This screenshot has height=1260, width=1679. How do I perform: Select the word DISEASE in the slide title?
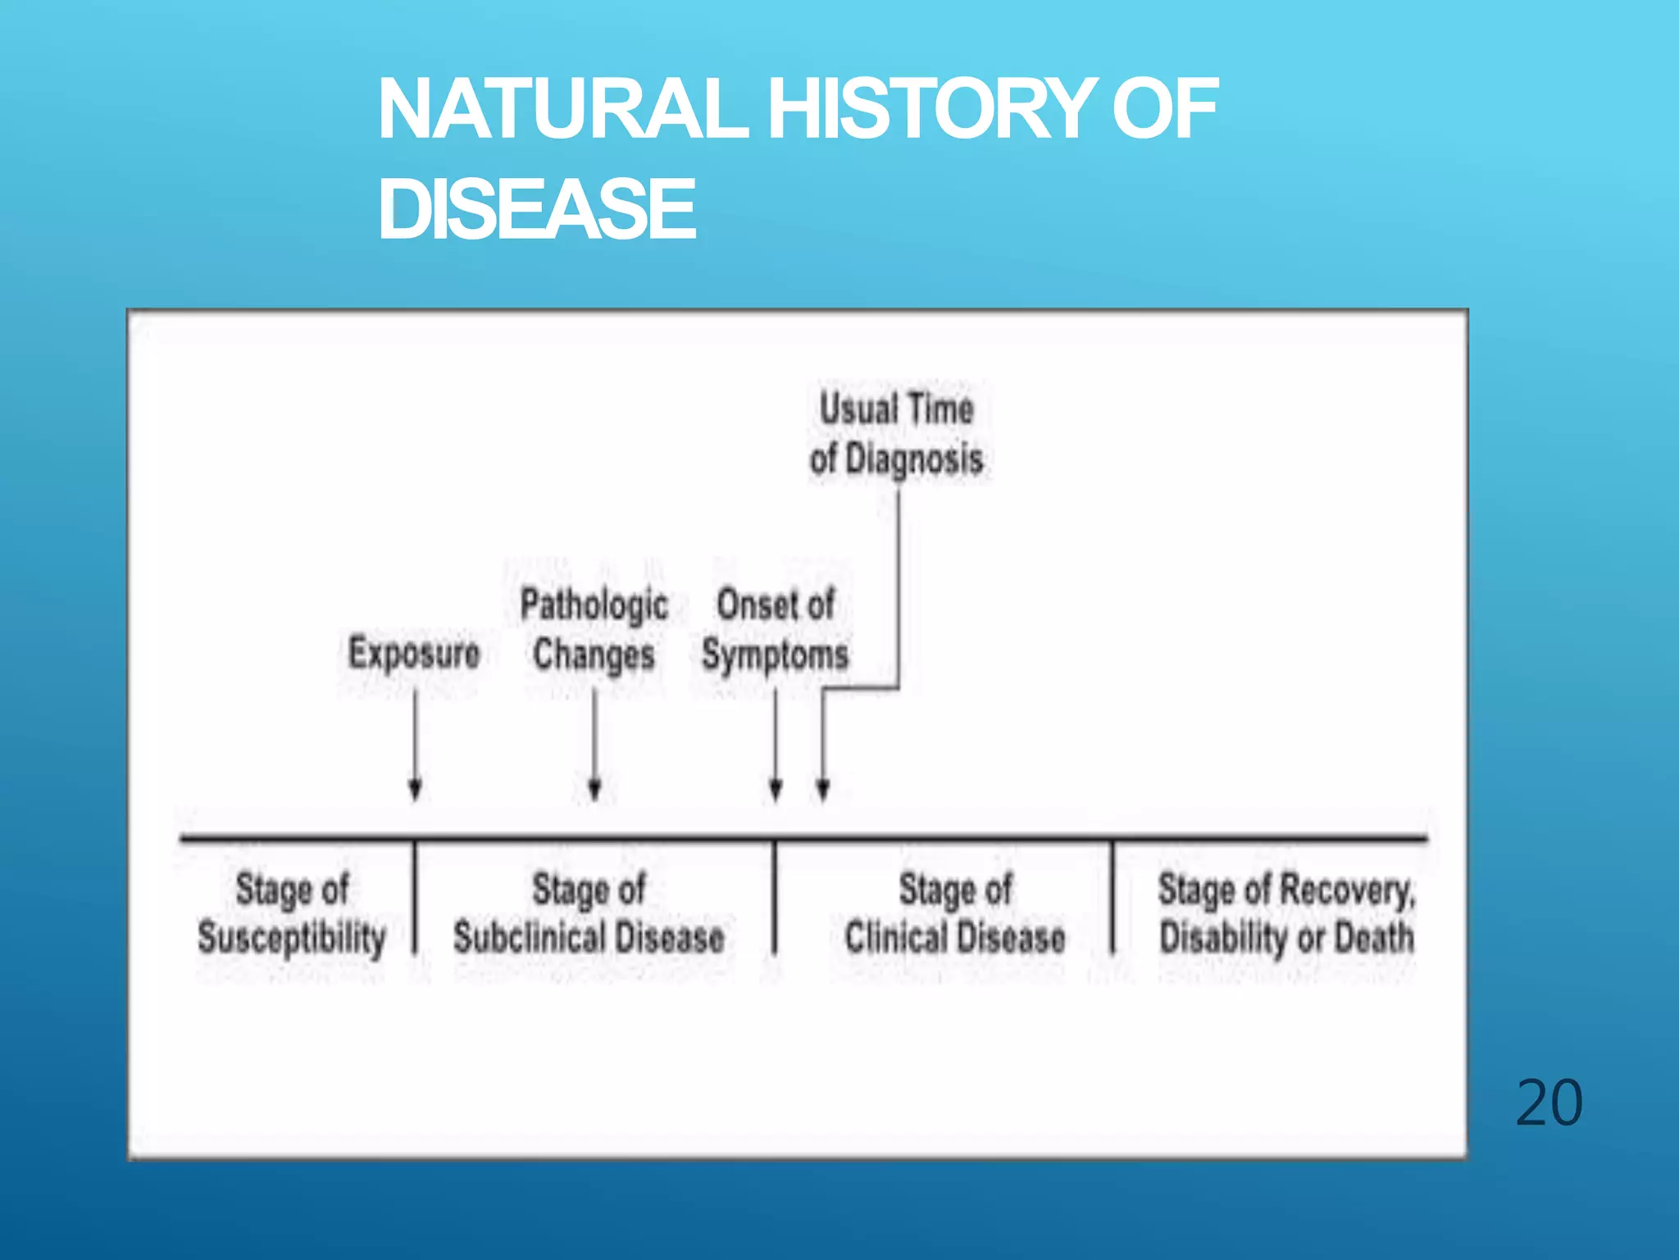[x=537, y=209]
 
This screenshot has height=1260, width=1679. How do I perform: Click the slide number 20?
[x=1549, y=1103]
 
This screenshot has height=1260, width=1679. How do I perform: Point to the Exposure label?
[x=414, y=654]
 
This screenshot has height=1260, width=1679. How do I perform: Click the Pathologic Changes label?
[x=594, y=630]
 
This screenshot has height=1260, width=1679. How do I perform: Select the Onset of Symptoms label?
[x=776, y=630]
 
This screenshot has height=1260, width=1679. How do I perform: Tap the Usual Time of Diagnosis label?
[x=897, y=433]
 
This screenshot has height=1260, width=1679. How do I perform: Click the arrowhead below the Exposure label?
[x=415, y=789]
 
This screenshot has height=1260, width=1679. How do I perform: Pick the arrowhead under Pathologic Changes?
[x=595, y=789]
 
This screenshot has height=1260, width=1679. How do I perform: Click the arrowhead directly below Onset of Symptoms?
[x=776, y=789]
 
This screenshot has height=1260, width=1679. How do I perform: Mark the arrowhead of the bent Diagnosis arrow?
[x=823, y=789]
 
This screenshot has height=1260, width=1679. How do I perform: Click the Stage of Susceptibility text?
[x=292, y=913]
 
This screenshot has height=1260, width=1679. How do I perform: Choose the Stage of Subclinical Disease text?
[x=589, y=913]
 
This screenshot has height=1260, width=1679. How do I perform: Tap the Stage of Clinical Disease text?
[x=955, y=913]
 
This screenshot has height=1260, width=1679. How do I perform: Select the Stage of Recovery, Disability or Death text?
[x=1286, y=913]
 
